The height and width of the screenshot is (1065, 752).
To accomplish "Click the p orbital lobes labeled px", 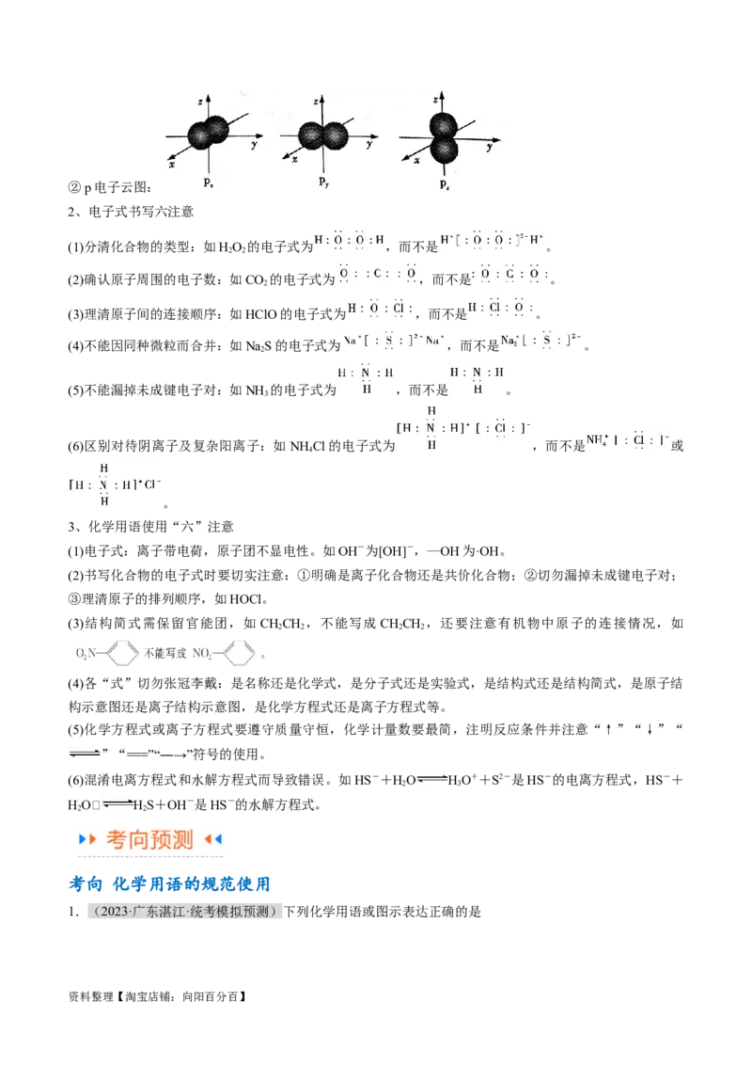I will pyautogui.click(x=208, y=134).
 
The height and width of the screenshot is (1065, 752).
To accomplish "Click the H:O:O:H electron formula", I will pyautogui.click(x=350, y=240).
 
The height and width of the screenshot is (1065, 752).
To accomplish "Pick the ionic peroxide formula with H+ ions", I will pyautogui.click(x=493, y=240).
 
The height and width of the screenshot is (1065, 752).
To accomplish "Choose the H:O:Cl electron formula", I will pyautogui.click(x=379, y=308).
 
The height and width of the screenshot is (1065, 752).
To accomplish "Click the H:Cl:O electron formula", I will pyautogui.click(x=503, y=308).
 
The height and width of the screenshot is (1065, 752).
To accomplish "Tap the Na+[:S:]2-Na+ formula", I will pyautogui.click(x=394, y=339).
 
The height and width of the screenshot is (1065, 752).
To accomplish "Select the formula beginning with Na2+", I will pyautogui.click(x=540, y=339).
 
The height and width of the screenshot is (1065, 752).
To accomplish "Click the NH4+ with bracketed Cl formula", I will pyautogui.click(x=629, y=440).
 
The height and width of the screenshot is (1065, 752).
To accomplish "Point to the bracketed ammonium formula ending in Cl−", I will pyautogui.click(x=111, y=485).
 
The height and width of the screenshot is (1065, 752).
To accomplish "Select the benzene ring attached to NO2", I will pyautogui.click(x=241, y=651).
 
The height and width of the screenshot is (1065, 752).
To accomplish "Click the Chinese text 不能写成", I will pyautogui.click(x=166, y=651).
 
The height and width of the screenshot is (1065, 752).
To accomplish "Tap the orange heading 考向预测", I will pyautogui.click(x=149, y=839).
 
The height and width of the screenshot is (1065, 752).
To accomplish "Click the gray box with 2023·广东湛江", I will pyautogui.click(x=183, y=911).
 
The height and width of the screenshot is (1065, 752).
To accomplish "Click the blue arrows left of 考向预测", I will pyautogui.click(x=86, y=839).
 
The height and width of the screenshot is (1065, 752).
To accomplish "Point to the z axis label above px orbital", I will pyautogui.click(x=201, y=97).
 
